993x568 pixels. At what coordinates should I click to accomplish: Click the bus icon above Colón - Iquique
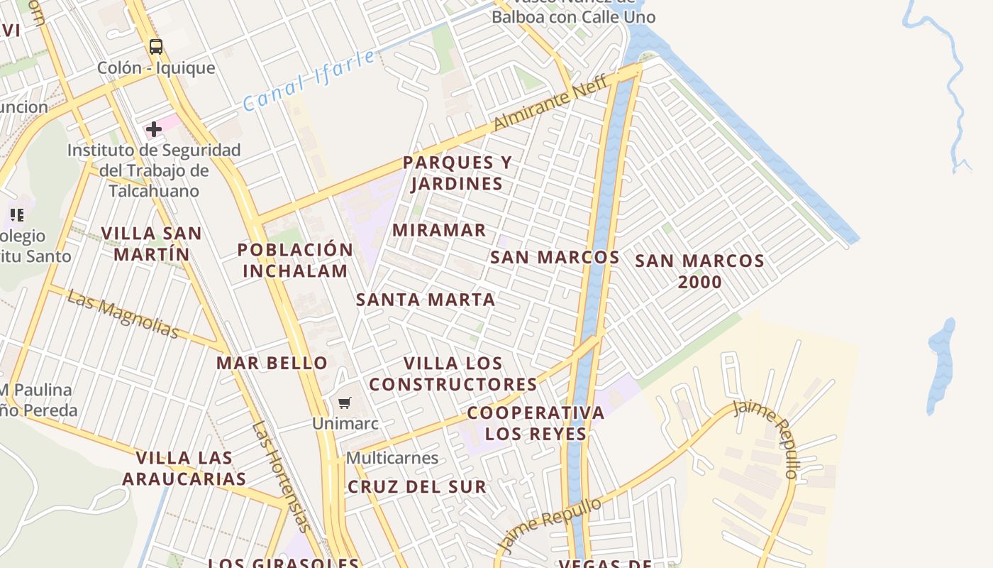(x=155, y=47)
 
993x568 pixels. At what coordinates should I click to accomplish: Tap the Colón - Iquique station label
(x=155, y=68)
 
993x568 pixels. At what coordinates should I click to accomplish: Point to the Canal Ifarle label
(x=309, y=80)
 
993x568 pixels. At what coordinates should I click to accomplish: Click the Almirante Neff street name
(x=550, y=102)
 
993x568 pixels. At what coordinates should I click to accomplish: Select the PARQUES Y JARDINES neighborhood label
(x=457, y=173)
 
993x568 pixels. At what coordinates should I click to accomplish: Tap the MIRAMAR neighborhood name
(x=439, y=230)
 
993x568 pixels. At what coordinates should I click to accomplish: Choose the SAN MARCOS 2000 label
(x=699, y=271)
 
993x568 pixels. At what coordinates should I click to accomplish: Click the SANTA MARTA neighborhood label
(x=426, y=300)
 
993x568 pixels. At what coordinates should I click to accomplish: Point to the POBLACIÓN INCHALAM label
(x=295, y=260)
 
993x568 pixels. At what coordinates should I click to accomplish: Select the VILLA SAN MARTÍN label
(x=152, y=244)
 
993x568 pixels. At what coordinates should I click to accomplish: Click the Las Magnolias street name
(x=123, y=315)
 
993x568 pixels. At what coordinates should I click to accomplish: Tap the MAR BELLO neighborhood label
(x=272, y=363)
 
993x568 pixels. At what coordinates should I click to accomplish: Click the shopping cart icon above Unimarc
(x=345, y=403)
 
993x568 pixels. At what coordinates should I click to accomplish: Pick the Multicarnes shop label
(x=392, y=458)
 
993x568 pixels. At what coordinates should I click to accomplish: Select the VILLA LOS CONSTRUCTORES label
(x=453, y=373)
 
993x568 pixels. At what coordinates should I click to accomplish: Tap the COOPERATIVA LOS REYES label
(x=536, y=423)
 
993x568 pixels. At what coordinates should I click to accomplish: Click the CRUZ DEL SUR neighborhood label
(x=417, y=487)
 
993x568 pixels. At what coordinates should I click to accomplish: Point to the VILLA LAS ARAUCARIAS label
(x=184, y=468)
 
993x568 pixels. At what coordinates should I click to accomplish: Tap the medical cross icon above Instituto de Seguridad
(x=153, y=129)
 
